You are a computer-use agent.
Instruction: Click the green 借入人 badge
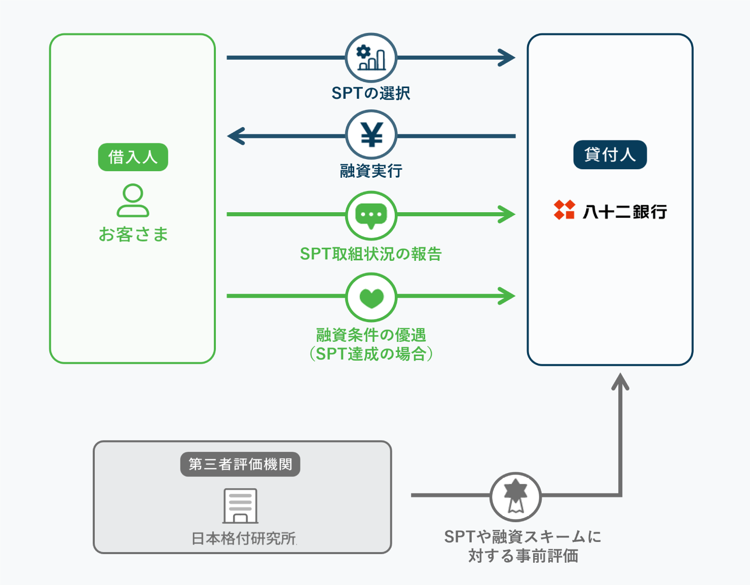click(133, 157)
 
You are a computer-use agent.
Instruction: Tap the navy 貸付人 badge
click(610, 154)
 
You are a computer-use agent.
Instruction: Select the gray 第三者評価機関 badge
click(240, 464)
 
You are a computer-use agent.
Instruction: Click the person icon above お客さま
click(133, 201)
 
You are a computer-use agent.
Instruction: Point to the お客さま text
click(133, 235)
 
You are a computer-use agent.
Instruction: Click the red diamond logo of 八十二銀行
click(564, 210)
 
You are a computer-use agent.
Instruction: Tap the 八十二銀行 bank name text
click(624, 211)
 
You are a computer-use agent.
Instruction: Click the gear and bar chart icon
click(371, 58)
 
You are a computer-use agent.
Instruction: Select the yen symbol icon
click(371, 135)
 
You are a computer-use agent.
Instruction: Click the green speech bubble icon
click(371, 215)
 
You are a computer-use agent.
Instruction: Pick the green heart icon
click(371, 297)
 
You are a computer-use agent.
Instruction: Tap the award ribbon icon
click(515, 496)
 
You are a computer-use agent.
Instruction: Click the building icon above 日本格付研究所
click(241, 505)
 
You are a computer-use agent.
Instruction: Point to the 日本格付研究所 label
click(244, 538)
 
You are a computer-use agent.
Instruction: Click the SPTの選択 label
click(370, 93)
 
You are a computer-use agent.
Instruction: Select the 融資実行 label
click(371, 171)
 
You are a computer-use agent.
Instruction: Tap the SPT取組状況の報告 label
click(370, 254)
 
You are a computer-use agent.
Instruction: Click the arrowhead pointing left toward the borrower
click(236, 136)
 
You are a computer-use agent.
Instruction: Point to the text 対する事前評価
click(523, 556)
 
